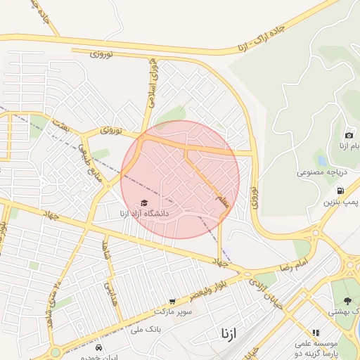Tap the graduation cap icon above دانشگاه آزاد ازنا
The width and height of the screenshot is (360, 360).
pyautogui.click(x=144, y=203)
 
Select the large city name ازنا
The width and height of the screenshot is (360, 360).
pyautogui.click(x=229, y=332)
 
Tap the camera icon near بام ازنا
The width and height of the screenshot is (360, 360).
pyautogui.click(x=349, y=135)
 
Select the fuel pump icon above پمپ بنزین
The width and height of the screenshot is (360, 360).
pyautogui.click(x=340, y=190)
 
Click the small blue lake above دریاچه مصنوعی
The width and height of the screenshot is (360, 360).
pyautogui.click(x=321, y=160)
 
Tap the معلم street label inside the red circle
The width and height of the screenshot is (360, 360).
pyautogui.click(x=222, y=201)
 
